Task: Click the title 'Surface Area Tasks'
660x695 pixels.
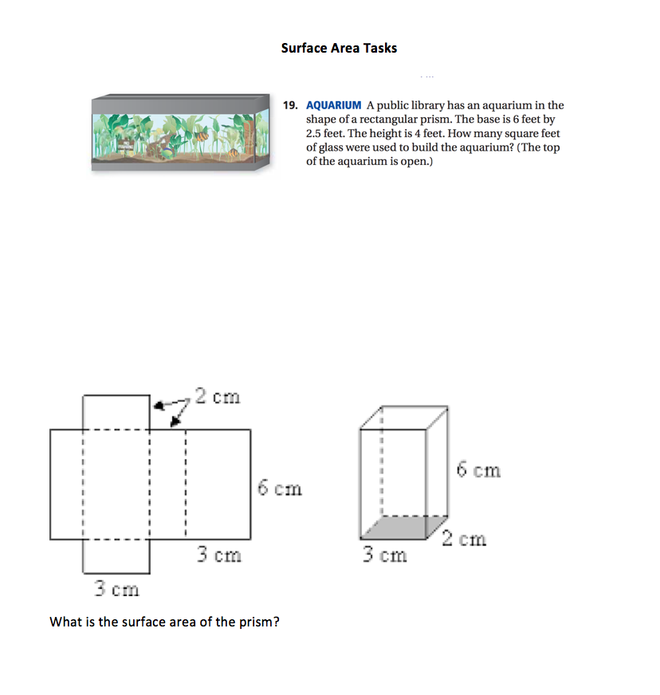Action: click(x=339, y=48)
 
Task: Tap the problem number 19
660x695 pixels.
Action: click(x=291, y=105)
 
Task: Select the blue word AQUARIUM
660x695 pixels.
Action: click(x=334, y=105)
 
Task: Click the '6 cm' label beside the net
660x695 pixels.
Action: click(x=280, y=488)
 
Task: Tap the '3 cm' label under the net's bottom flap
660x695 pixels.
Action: click(x=116, y=590)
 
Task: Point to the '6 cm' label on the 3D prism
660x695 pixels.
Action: click(x=479, y=470)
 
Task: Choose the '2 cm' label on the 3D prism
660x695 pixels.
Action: click(x=464, y=539)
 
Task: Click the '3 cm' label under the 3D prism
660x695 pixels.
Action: click(x=385, y=554)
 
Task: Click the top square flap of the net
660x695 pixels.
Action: click(x=116, y=412)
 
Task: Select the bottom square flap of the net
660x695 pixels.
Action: click(x=116, y=556)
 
